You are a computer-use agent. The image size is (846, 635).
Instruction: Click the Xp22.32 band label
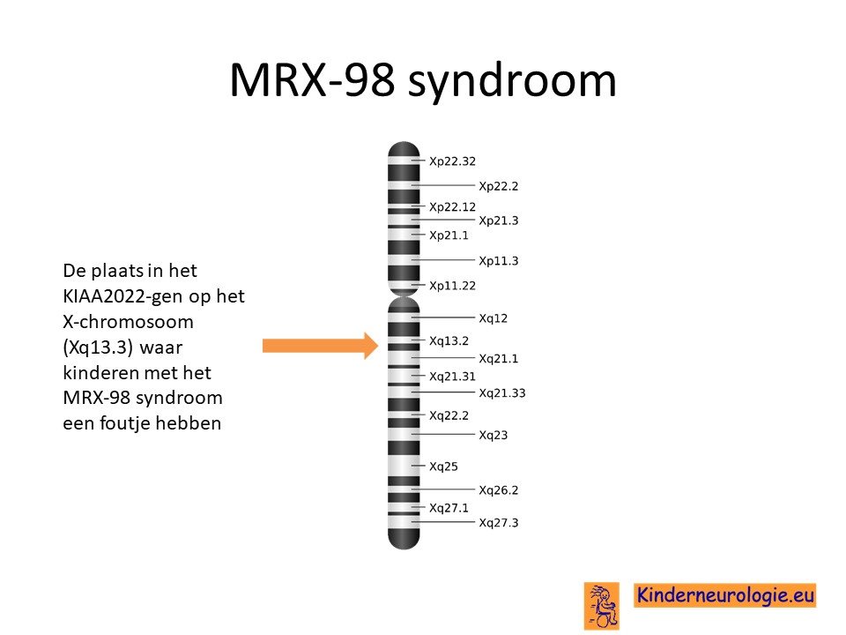(452, 161)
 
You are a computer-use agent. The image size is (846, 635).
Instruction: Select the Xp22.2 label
(499, 186)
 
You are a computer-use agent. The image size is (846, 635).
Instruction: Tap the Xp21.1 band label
(449, 235)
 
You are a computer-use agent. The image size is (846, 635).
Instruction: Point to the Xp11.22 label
(452, 286)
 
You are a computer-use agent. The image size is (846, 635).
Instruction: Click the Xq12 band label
(493, 318)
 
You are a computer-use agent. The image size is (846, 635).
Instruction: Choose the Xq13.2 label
(449, 341)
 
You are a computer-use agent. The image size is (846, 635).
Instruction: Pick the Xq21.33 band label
(501, 393)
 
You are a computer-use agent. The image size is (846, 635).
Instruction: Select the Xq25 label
(443, 467)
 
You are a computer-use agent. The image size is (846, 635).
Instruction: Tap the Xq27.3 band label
(499, 523)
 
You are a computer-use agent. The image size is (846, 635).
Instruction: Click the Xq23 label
(493, 435)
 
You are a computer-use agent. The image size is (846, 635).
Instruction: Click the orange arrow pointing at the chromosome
(321, 346)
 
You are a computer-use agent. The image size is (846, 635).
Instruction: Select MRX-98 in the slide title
(312, 80)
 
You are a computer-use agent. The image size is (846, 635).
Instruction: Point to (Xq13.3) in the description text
(98, 347)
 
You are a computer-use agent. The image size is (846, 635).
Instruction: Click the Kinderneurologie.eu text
(724, 595)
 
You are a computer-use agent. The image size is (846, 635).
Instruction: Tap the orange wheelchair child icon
(602, 606)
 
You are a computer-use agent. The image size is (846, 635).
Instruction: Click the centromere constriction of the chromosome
(404, 296)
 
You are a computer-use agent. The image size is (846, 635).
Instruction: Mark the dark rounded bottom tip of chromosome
(404, 540)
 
